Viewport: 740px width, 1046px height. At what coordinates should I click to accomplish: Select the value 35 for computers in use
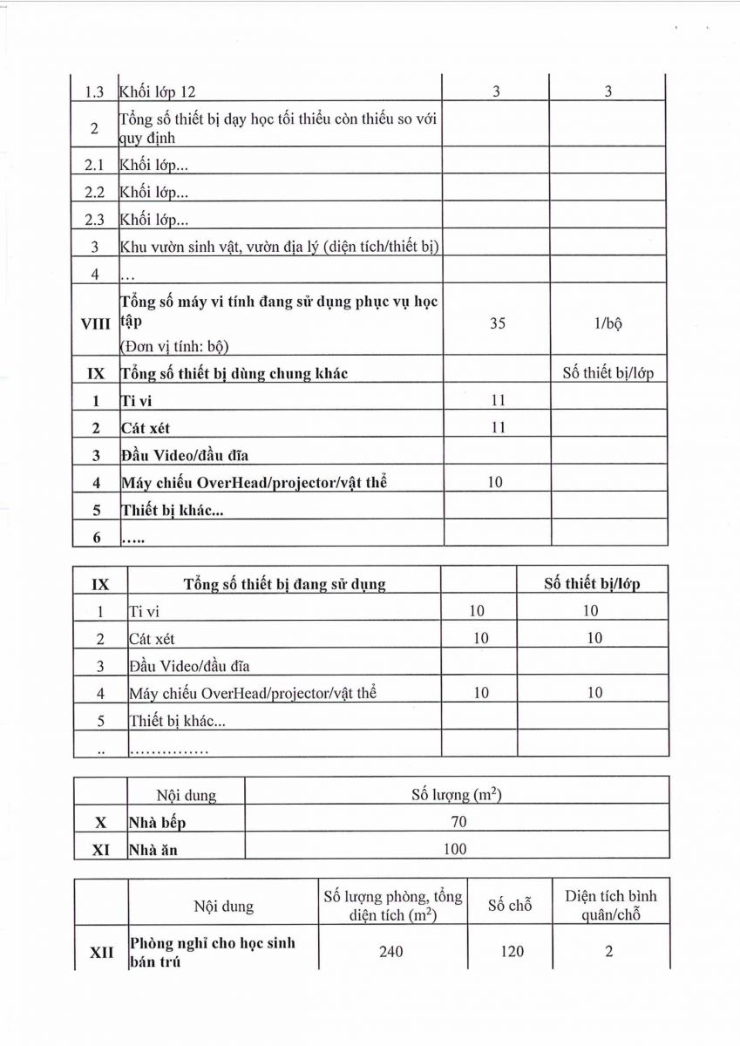(498, 323)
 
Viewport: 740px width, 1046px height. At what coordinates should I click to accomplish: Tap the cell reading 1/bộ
(608, 323)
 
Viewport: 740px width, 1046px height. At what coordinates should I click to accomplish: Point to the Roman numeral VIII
(96, 323)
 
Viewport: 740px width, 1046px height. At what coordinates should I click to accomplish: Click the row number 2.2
(96, 194)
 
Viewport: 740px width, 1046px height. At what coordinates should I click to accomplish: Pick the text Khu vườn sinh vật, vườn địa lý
(279, 248)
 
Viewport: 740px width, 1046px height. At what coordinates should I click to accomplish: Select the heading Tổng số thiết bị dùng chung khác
(234, 374)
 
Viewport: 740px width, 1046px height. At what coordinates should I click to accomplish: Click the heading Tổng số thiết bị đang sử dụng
(284, 583)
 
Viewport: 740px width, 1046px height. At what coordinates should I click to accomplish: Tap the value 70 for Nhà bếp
(458, 821)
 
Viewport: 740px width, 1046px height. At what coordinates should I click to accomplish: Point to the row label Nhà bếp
(157, 822)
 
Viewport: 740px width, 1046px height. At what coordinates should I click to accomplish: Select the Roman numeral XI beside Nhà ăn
(100, 849)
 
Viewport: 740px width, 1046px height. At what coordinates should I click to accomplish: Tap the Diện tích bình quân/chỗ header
(611, 905)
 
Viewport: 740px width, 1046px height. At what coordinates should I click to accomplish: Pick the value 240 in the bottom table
(391, 951)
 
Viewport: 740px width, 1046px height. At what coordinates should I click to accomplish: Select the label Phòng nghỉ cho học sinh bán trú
(212, 952)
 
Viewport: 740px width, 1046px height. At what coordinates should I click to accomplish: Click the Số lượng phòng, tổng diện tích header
(392, 905)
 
